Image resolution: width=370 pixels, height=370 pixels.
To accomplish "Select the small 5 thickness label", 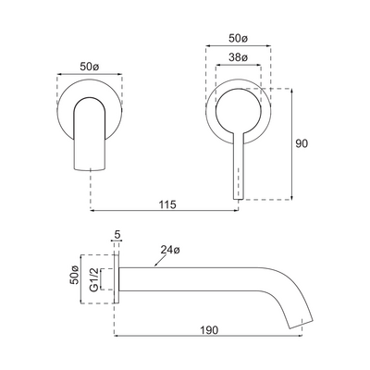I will (117, 236).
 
